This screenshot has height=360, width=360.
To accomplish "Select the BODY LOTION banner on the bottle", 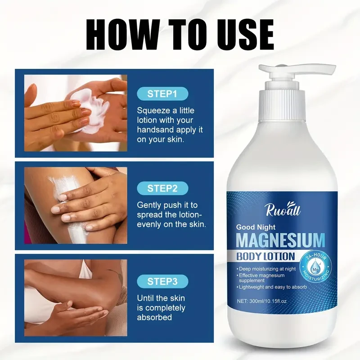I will pyautogui.click(x=267, y=257).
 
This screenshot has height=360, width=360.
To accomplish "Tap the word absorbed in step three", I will pyautogui.click(x=154, y=317).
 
